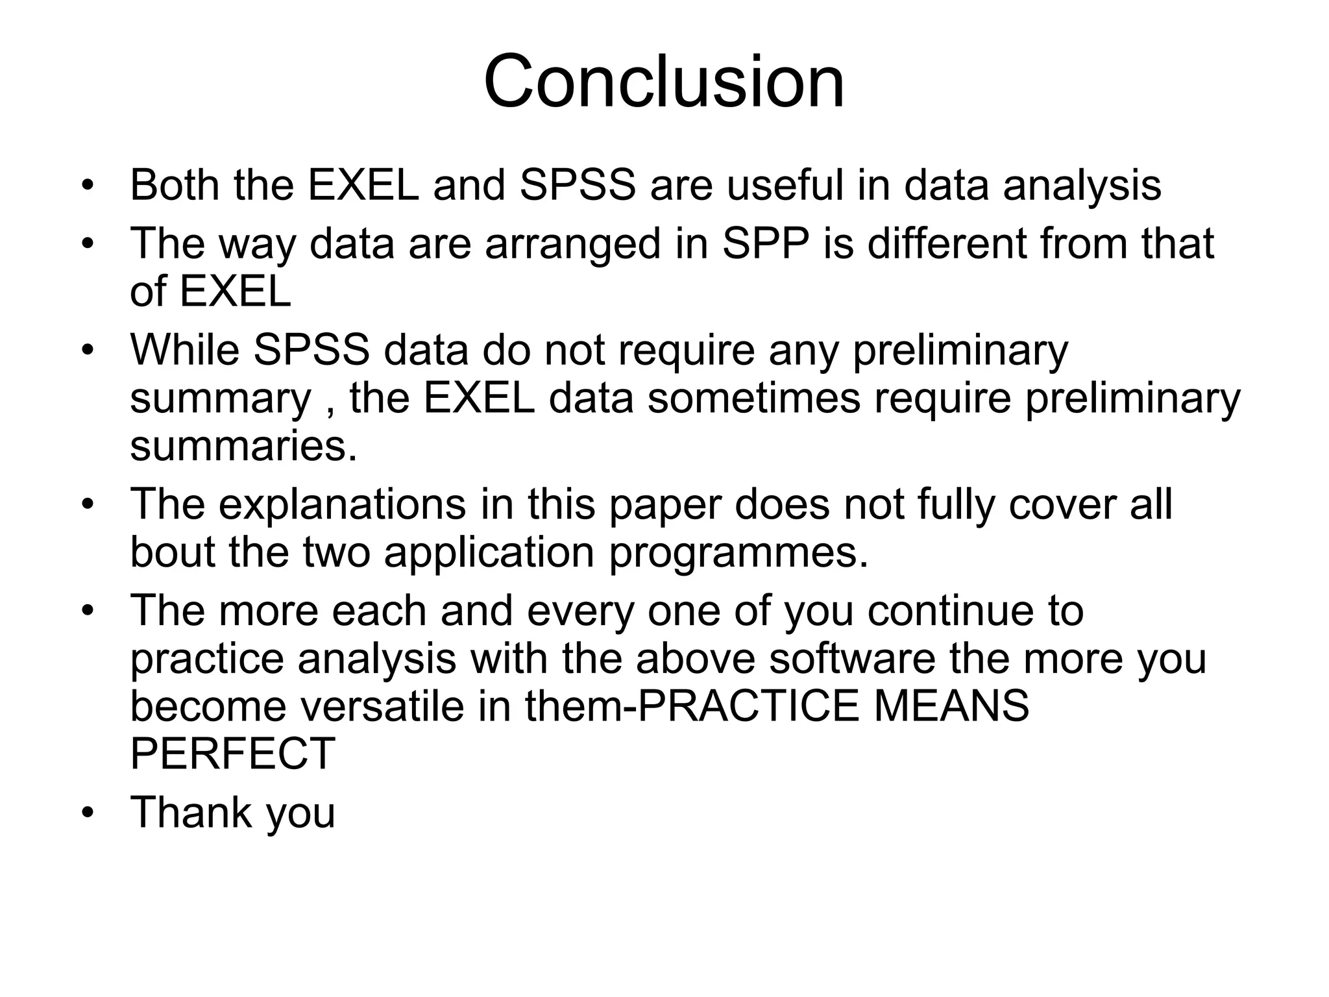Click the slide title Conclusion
coord(664,82)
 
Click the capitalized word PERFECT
coord(232,754)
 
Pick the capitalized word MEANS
coord(951,706)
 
